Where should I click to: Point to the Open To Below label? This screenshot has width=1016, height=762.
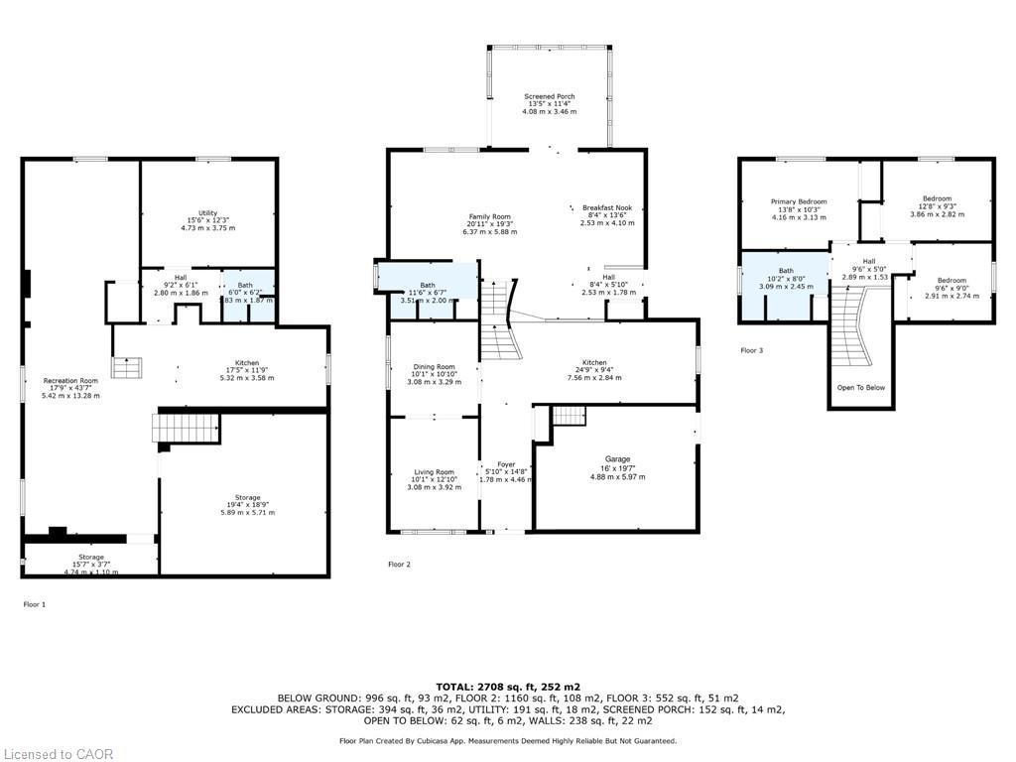(x=860, y=388)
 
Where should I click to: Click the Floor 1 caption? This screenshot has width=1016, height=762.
(x=34, y=603)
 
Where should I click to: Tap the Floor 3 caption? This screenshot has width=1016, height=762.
(x=752, y=350)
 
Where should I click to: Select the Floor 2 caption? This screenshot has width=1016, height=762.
(x=399, y=564)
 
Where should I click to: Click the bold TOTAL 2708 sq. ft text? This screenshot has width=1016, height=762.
(x=508, y=687)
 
